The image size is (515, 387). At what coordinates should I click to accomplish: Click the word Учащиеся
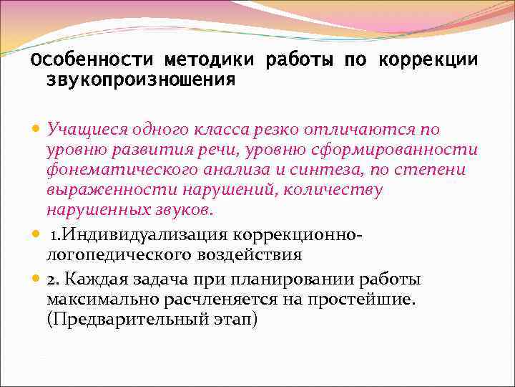84,130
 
